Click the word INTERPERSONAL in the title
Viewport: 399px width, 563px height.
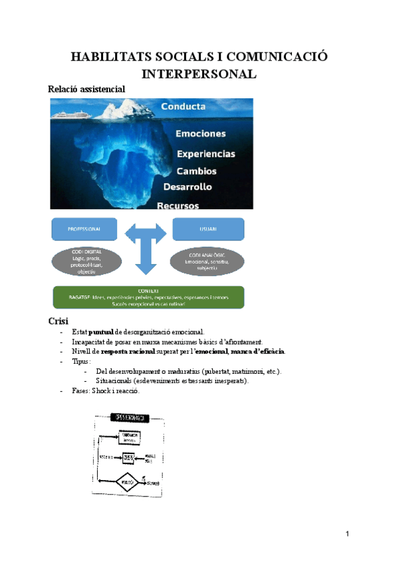199,73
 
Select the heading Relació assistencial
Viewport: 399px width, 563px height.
87,88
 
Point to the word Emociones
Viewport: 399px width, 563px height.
200,133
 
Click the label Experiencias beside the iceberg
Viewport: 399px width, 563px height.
205,154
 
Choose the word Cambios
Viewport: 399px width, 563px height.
196,171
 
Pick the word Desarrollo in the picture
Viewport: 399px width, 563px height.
188,187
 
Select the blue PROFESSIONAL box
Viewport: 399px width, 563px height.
84,229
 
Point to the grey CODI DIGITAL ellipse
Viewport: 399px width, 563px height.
84,262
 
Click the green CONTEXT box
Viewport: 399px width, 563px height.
148,297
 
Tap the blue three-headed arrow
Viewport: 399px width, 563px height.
146,246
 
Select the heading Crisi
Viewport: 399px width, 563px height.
59,321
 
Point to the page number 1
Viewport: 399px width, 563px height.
347,534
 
